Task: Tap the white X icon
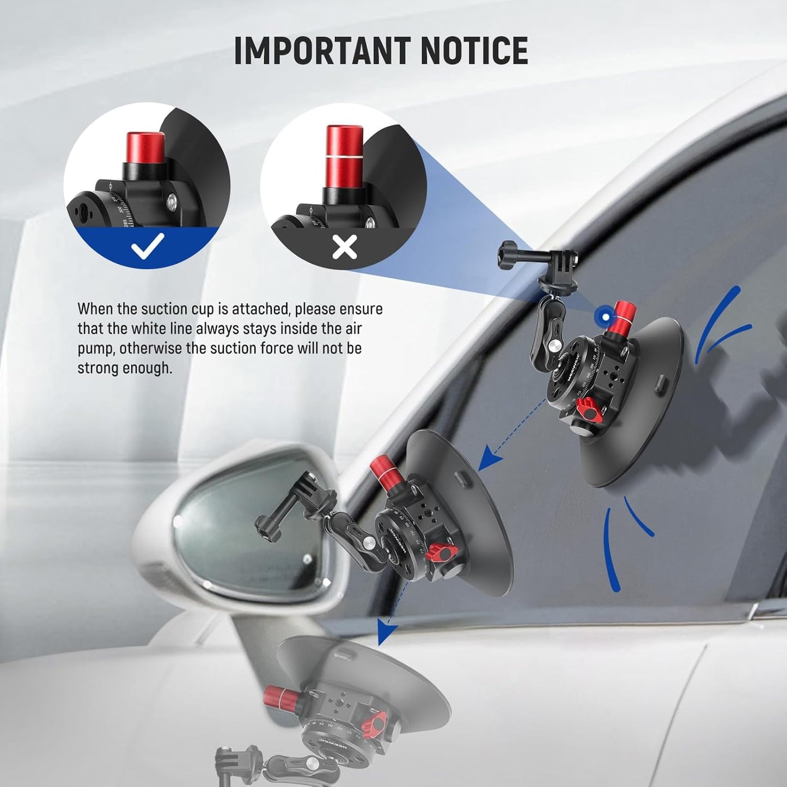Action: pyautogui.click(x=344, y=247)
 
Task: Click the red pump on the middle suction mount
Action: pyautogui.click(x=384, y=473)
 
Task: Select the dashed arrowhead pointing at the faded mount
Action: pyautogui.click(x=386, y=630)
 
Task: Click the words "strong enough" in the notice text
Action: pyautogui.click(x=124, y=368)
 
